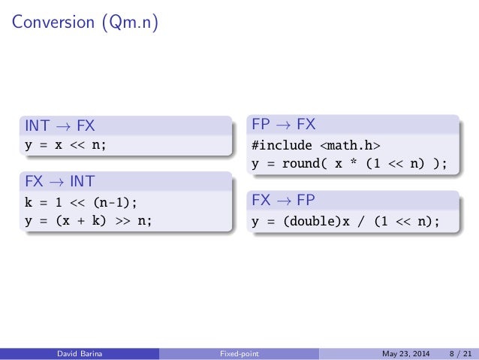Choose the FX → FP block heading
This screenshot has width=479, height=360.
285,201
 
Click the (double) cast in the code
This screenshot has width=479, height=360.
306,221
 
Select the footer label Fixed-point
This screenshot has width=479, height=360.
239,352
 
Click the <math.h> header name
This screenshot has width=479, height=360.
353,144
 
